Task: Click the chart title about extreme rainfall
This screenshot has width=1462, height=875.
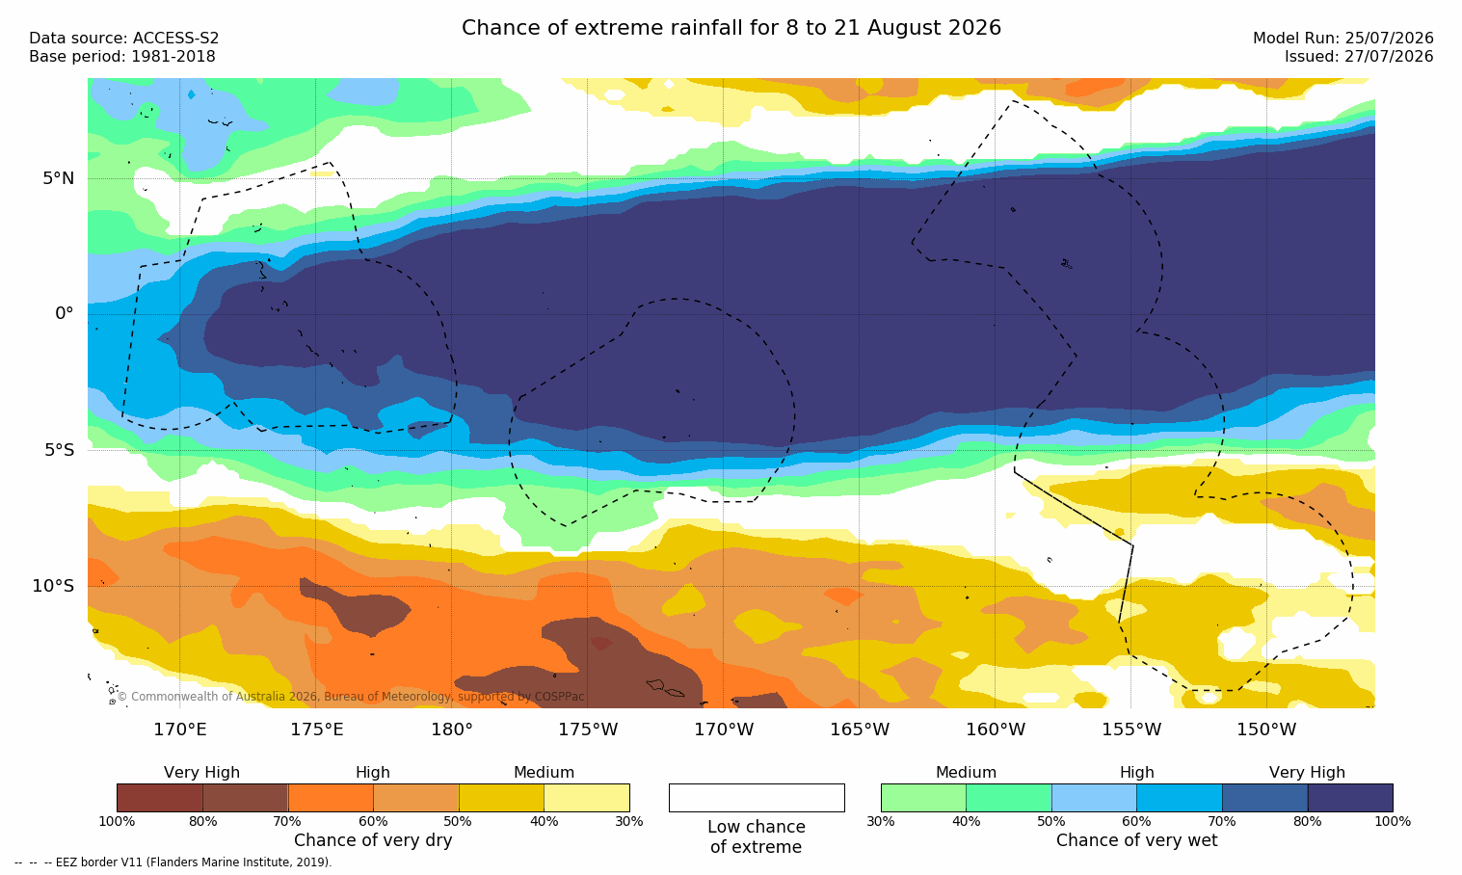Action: (x=731, y=28)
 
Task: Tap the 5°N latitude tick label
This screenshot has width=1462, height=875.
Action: (x=59, y=178)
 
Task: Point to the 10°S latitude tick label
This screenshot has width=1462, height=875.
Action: (x=53, y=586)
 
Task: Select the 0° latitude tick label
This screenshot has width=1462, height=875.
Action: (x=64, y=314)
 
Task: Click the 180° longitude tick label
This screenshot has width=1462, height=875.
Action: (x=452, y=729)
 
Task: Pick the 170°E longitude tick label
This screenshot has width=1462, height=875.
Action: (x=180, y=729)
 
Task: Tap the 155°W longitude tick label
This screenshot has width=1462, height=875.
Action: (x=1131, y=729)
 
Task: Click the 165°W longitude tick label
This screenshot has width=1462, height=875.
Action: (x=860, y=729)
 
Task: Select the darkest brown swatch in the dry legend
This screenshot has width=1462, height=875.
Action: (x=160, y=797)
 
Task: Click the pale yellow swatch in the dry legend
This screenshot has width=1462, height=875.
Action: (x=587, y=797)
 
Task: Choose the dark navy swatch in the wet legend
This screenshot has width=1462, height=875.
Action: (x=1350, y=797)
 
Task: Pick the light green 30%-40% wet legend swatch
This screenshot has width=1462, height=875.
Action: (x=923, y=797)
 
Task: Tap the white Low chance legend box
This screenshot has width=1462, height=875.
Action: (x=757, y=797)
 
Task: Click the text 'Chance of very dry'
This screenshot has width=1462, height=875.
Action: (x=373, y=840)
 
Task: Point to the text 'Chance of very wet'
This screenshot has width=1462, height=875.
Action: (x=1137, y=840)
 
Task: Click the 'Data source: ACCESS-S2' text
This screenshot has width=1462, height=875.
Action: (x=124, y=39)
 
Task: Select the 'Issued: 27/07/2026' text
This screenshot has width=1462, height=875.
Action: (x=1359, y=57)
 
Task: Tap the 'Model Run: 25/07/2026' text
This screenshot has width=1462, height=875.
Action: (x=1343, y=39)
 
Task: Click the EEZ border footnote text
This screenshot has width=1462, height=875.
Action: (x=173, y=862)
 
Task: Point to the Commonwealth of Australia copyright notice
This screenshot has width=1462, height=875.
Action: (x=351, y=696)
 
